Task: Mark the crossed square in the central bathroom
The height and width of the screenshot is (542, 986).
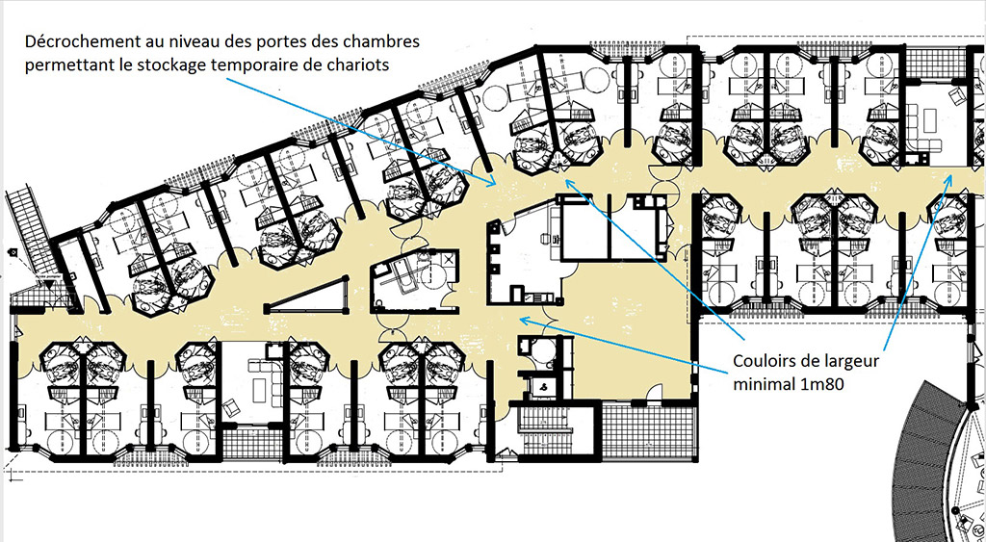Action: pyautogui.click(x=448, y=259)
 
